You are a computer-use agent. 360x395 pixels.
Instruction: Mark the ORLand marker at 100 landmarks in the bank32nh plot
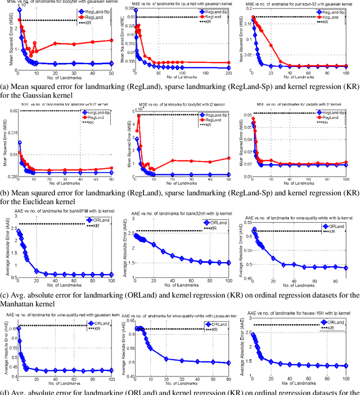pyautogui.click(x=228, y=263)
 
